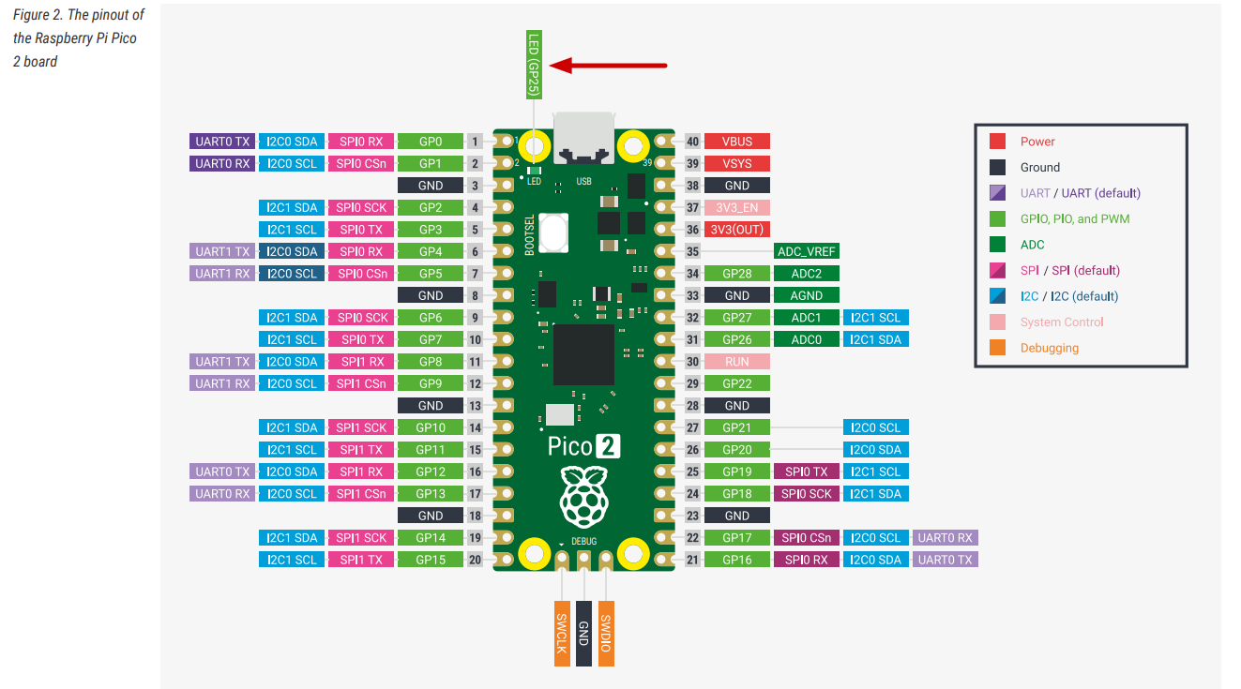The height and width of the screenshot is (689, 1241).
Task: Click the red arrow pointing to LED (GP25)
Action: (x=609, y=66)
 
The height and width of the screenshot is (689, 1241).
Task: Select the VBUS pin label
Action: (x=736, y=142)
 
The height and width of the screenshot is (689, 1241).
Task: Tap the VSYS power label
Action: (x=736, y=163)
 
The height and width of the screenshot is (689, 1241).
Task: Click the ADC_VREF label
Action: (x=807, y=251)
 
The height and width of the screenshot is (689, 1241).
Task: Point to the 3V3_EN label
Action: (x=736, y=207)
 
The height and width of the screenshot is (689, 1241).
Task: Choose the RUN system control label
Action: (x=736, y=361)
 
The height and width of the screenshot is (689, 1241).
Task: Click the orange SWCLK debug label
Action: (x=562, y=633)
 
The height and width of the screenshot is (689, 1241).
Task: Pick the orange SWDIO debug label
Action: (x=606, y=633)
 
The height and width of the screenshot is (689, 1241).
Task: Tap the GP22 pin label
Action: (x=736, y=383)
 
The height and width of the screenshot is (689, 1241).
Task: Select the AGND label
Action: (x=807, y=295)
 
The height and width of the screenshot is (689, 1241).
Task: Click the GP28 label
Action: (x=736, y=274)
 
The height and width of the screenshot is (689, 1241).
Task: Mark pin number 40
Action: (x=693, y=142)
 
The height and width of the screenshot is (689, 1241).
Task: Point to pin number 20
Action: (x=475, y=560)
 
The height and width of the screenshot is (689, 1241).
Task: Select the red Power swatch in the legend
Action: (x=998, y=142)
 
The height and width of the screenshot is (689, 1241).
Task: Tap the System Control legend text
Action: (x=1062, y=322)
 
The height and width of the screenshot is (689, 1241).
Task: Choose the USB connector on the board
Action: (x=583, y=138)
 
